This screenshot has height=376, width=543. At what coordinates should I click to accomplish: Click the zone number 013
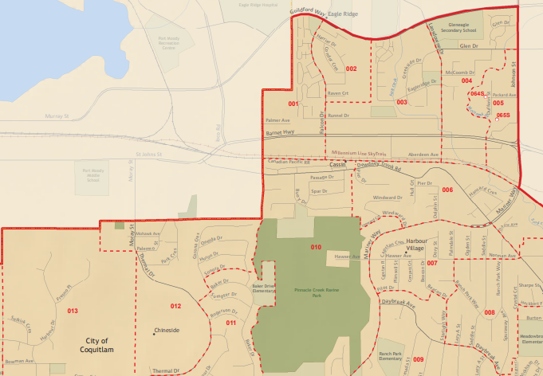[x=73, y=311]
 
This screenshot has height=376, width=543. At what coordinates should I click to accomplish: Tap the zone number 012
[x=175, y=306]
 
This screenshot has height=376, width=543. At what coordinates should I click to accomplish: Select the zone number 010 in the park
[x=316, y=248]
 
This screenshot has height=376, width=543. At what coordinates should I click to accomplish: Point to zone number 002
[x=351, y=69]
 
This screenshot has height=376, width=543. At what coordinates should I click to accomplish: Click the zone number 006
[x=447, y=190]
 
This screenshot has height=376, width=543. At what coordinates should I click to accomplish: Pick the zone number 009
[x=419, y=360]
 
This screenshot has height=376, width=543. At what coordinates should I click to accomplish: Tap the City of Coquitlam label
[x=108, y=345]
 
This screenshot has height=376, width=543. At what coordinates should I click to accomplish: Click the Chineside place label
[x=167, y=331]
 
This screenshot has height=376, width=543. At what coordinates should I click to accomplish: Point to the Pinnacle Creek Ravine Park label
[x=317, y=293]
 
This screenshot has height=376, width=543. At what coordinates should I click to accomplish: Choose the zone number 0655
[x=502, y=116]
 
